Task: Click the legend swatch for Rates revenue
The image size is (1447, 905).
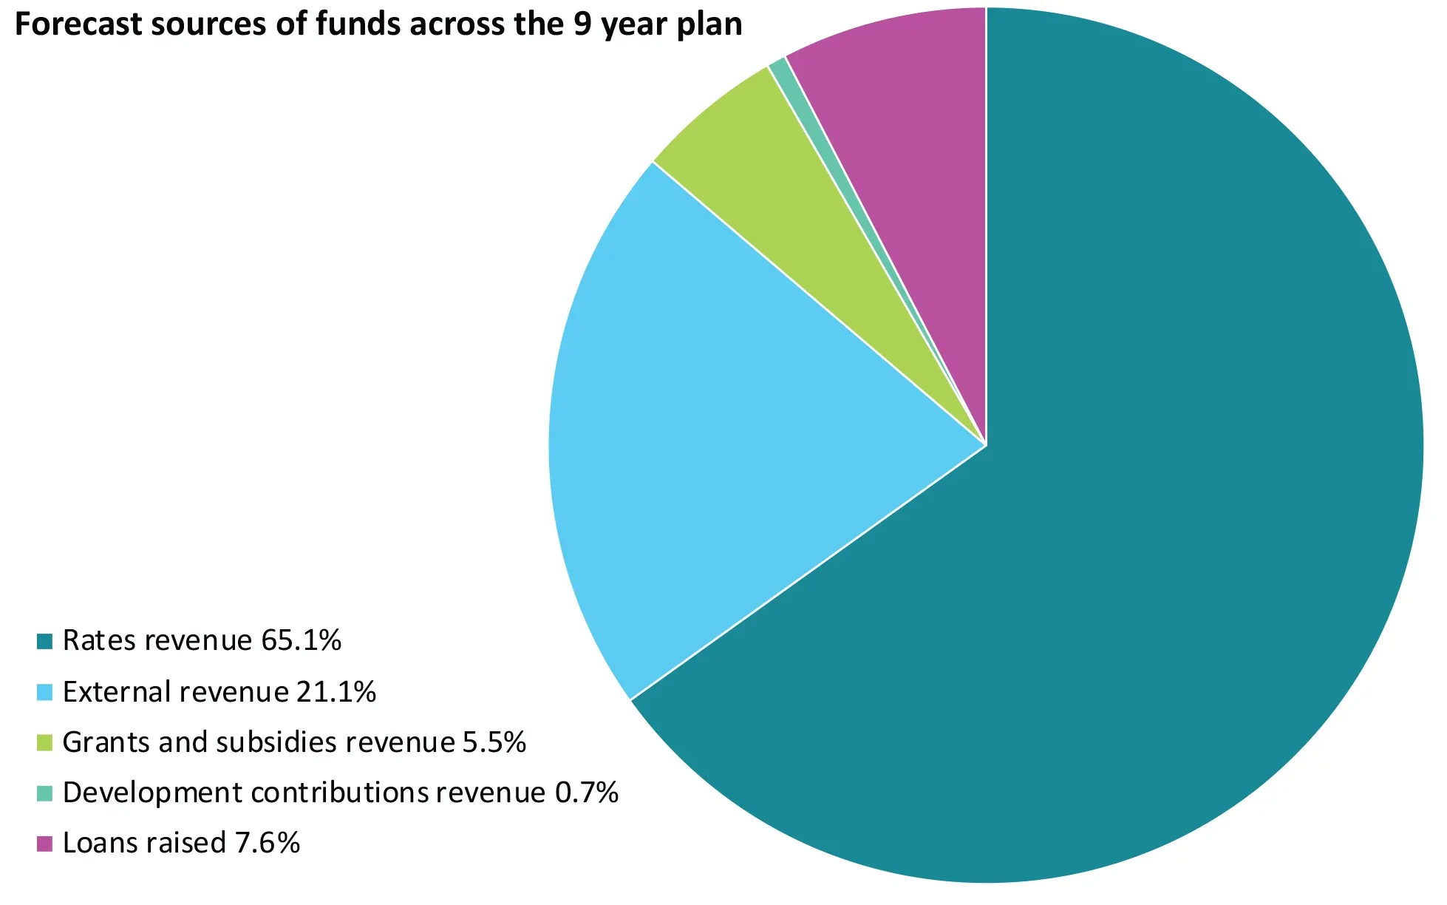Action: (x=45, y=641)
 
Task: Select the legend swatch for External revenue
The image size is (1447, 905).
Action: (x=45, y=692)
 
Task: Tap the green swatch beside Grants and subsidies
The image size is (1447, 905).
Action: (x=45, y=742)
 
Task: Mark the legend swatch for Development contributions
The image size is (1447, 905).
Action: (x=45, y=793)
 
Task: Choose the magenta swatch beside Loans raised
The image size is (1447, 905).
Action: (x=45, y=843)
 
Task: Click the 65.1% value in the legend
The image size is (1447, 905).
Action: (x=302, y=640)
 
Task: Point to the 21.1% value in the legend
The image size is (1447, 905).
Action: (x=336, y=691)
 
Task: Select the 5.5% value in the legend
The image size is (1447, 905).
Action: (x=494, y=742)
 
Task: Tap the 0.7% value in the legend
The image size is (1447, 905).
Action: (x=586, y=792)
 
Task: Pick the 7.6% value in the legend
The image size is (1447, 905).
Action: (x=268, y=842)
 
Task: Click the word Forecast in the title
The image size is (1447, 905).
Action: (x=78, y=24)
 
